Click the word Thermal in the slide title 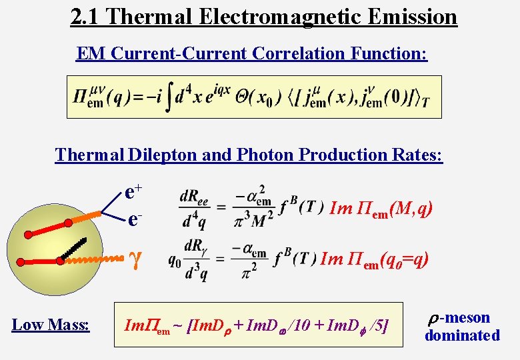142,16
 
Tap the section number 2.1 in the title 85,16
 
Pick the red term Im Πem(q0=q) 374,259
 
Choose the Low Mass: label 51,325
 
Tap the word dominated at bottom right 462,335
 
